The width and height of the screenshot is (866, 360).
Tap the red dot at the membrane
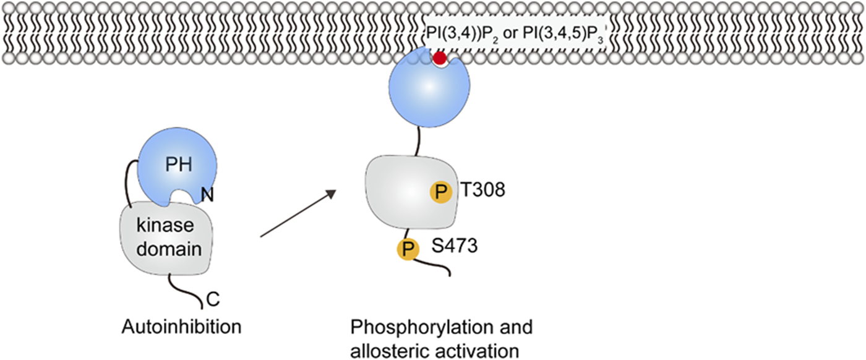(440, 59)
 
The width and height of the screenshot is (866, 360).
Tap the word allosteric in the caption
(385, 350)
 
